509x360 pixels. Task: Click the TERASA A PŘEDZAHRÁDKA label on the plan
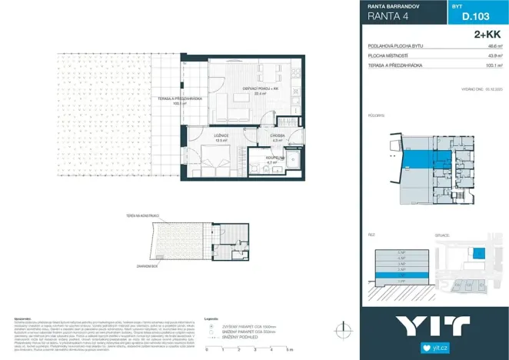(x=180, y=98)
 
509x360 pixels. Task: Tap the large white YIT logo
(x=434, y=325)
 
